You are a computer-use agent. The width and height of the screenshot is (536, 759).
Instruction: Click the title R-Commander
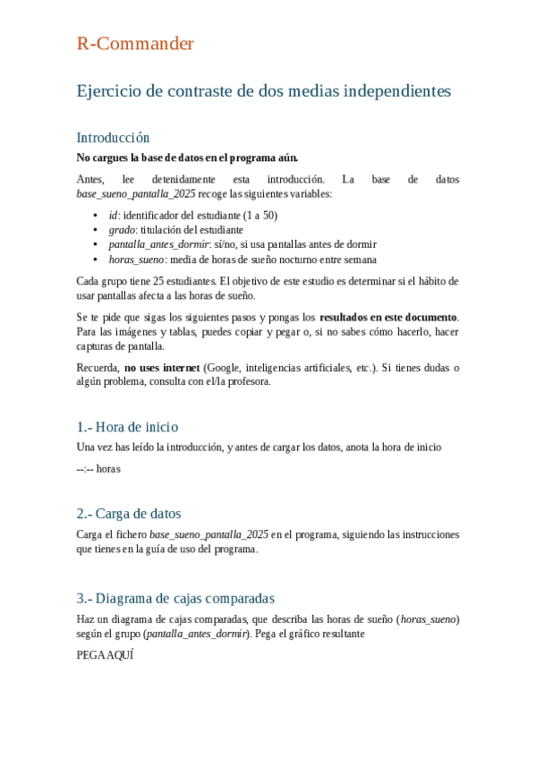coord(134,44)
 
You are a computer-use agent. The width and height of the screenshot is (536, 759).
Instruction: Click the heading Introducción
coord(113,138)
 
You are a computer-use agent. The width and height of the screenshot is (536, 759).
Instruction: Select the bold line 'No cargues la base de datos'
coord(187,158)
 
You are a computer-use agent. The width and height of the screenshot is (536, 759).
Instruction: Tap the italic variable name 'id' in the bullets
coord(113,216)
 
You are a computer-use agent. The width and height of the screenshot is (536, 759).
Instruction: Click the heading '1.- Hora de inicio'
coord(127,426)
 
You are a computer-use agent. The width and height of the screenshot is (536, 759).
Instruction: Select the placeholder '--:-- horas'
coord(98,467)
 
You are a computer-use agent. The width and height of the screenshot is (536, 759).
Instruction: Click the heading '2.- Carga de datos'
coord(129,513)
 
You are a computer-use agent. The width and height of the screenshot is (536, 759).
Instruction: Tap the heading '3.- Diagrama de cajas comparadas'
coord(175,598)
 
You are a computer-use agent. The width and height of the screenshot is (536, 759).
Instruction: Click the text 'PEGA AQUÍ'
coord(105,655)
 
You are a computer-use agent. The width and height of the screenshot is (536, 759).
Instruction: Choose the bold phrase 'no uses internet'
coord(162,367)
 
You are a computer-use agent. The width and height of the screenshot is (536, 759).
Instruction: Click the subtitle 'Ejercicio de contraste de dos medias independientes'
coord(264,91)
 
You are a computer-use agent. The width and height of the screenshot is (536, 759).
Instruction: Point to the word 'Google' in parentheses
coord(223,367)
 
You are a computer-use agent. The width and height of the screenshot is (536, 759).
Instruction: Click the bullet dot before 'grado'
coord(96,230)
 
